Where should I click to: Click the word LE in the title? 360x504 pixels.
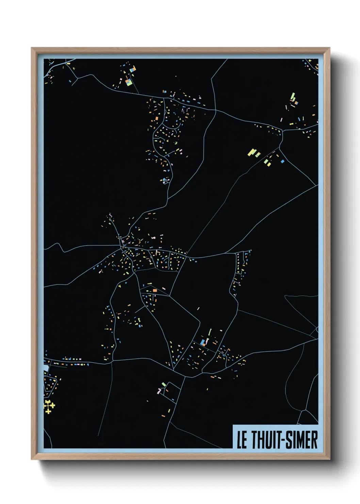point(242,440)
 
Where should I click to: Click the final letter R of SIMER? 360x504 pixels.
point(314,440)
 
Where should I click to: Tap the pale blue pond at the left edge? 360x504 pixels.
point(46,368)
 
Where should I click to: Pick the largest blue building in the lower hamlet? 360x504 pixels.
point(203,342)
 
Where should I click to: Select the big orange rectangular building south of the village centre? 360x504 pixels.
point(155,290)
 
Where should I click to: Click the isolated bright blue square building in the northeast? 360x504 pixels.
point(282,161)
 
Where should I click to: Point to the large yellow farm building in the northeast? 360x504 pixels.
point(252,152)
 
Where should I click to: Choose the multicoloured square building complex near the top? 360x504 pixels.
point(129,82)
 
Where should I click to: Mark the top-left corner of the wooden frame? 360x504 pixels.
point(32,48)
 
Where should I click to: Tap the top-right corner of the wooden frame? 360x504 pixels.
point(329,48)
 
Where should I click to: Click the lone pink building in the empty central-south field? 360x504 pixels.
point(198,309)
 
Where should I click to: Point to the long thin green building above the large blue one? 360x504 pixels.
point(210,332)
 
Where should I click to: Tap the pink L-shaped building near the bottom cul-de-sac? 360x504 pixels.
point(159,391)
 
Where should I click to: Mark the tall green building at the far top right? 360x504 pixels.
point(292,96)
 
